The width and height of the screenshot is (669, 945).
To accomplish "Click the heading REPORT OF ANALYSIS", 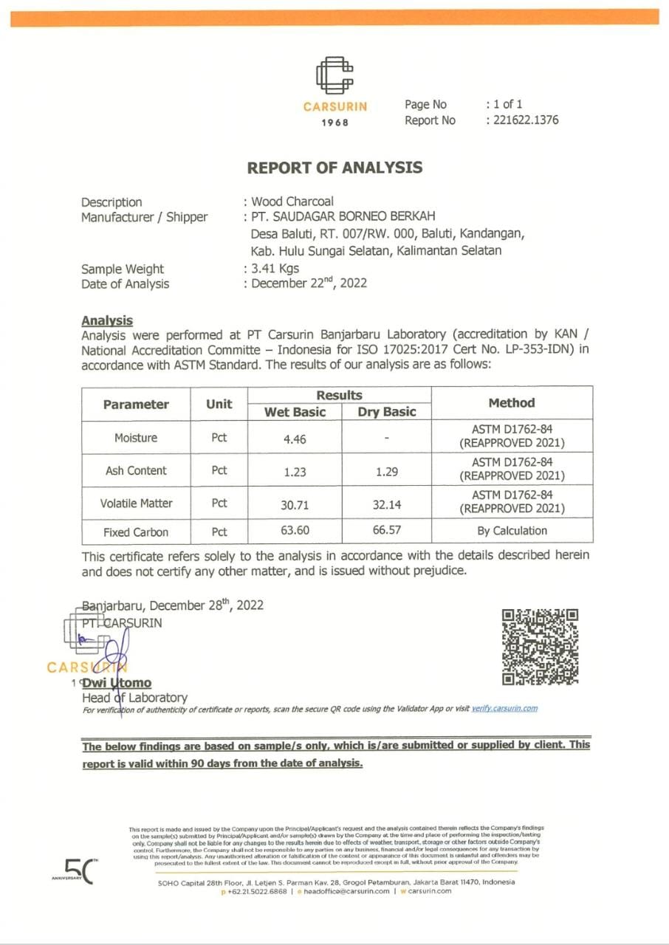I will pos(334,168).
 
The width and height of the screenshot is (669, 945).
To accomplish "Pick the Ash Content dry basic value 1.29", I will pos(387,471).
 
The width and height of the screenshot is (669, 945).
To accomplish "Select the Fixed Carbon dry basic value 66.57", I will pos(387,532).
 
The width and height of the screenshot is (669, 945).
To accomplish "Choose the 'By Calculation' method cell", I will pos(512,531).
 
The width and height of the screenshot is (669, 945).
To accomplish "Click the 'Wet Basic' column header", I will pos(295,412).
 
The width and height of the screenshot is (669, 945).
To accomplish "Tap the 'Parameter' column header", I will pos(136,404).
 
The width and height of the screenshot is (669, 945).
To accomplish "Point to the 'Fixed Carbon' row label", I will pos(136,532).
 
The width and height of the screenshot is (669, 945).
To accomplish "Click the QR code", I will pos(540,647).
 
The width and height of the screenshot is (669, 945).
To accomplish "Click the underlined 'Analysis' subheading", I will pos(107,320).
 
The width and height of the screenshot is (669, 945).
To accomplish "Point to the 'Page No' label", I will pos(425,105).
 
